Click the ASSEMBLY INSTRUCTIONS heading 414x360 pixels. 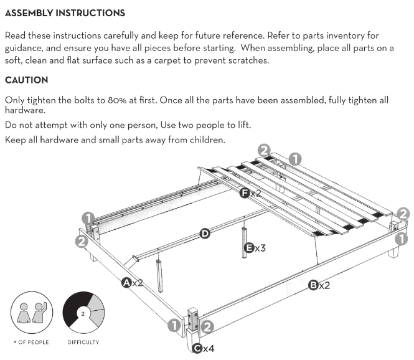65,12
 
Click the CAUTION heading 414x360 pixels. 26,80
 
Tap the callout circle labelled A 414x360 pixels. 126,283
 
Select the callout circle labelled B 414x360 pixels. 313,285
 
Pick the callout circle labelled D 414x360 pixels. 204,234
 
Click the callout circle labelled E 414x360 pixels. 248,247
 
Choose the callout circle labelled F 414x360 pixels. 246,193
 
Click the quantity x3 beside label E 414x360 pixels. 260,248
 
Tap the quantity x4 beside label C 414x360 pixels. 209,349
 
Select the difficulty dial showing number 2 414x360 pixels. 83,311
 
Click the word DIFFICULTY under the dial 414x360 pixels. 83,342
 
